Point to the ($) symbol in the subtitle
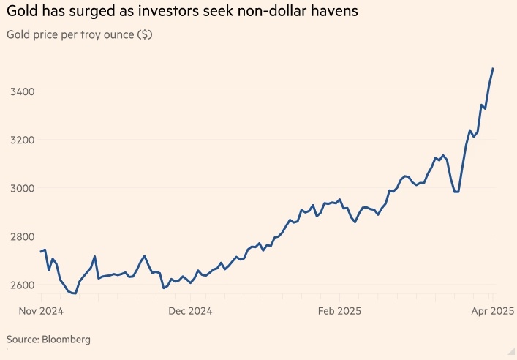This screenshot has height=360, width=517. [x=144, y=35]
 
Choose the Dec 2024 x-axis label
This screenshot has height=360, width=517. [x=189, y=311]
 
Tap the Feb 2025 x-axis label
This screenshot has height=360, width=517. [x=340, y=311]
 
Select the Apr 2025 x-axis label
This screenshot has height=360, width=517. [x=489, y=311]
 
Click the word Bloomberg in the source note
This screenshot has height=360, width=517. [x=68, y=340]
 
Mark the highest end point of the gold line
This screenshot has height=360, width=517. [x=493, y=68]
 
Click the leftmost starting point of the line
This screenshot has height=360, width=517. [x=40, y=252]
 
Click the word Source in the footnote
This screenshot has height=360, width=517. [x=23, y=340]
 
